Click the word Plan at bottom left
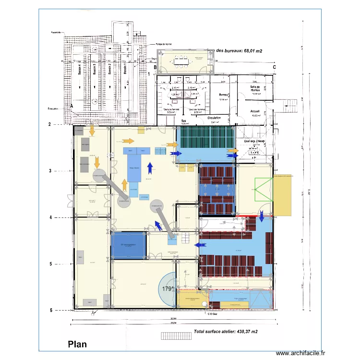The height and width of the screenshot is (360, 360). coord(77,344)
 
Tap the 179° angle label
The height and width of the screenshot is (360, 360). coord(167,289)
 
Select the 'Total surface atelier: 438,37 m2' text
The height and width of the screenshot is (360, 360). coord(226,332)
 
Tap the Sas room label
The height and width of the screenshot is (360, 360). coord(183,121)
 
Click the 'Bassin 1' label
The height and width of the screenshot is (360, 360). coord(124,71)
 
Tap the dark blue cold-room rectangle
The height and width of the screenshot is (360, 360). coord(128,245)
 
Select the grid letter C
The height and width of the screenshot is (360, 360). coord(274,68)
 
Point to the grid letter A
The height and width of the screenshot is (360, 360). coord(72,106)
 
